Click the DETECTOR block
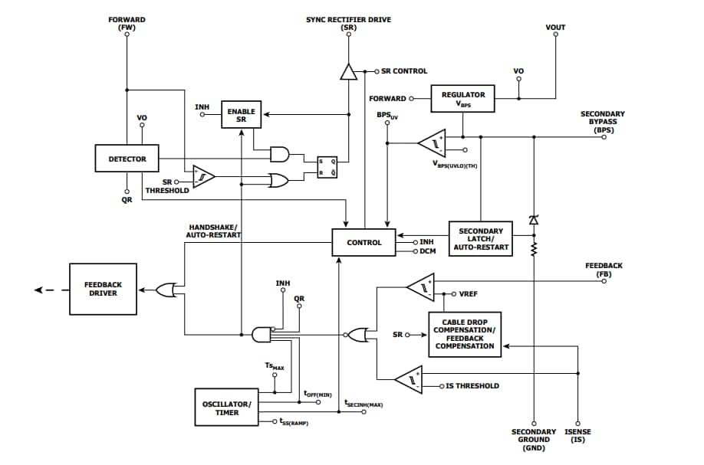pyautogui.click(x=127, y=159)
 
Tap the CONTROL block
pyautogui.click(x=364, y=242)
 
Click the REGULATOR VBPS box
pyautogui.click(x=463, y=98)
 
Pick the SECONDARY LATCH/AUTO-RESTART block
pyautogui.click(x=480, y=238)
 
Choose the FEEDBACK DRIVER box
pyautogui.click(x=102, y=289)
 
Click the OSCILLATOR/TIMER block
pyautogui.click(x=226, y=408)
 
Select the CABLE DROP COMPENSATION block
pyautogui.click(x=465, y=335)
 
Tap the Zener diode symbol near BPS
pyautogui.click(x=534, y=220)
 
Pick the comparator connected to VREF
pyautogui.click(x=419, y=288)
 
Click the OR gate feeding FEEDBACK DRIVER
pyautogui.click(x=165, y=290)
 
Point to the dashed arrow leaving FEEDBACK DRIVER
pyautogui.click(x=45, y=290)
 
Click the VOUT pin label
pyautogui.click(x=555, y=28)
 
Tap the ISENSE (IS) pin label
pyautogui.click(x=577, y=436)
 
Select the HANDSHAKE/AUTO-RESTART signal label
pyautogui.click(x=215, y=231)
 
